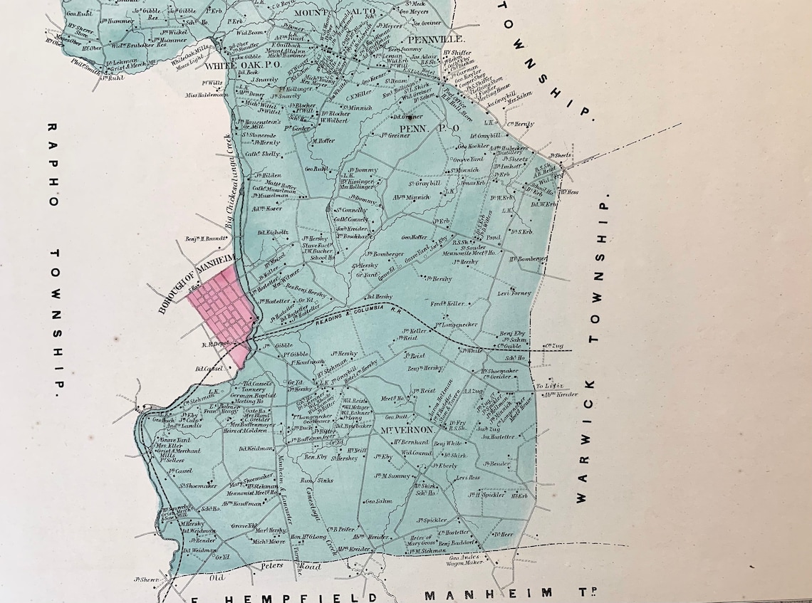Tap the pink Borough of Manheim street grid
222,310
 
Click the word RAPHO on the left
52,164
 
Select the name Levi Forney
514,293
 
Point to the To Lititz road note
547,386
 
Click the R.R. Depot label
214,345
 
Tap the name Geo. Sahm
379,501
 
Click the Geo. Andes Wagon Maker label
467,560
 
